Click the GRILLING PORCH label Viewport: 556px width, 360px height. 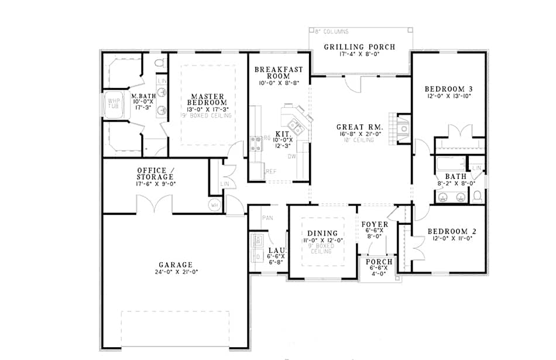pyautogui.click(x=360, y=47)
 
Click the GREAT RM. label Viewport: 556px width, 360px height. pyautogui.click(x=359, y=127)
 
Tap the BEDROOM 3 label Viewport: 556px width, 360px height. pyautogui.click(x=448, y=89)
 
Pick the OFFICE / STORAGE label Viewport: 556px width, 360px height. pyautogui.click(x=155, y=173)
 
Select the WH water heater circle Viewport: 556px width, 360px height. pyautogui.click(x=214, y=205)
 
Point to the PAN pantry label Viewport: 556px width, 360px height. pyautogui.click(x=267, y=218)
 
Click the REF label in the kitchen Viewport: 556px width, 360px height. pyautogui.click(x=270, y=172)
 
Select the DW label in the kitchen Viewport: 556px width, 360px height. pyautogui.click(x=291, y=157)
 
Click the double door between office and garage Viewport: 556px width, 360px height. pyautogui.click(x=154, y=204)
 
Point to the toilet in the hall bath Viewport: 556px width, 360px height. pyautogui.click(x=477, y=195)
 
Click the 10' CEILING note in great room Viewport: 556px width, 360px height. pyautogui.click(x=359, y=140)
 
